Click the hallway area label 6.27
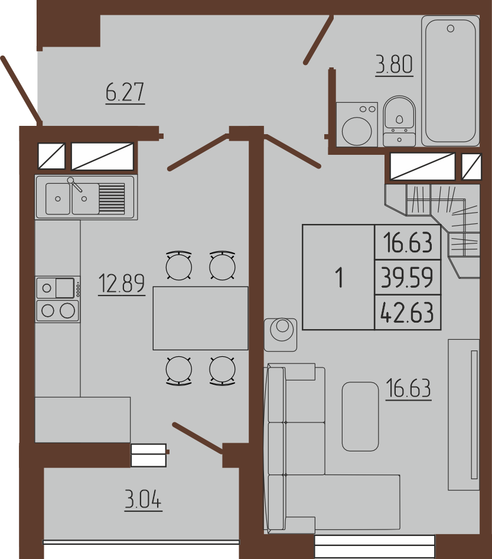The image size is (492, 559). point(125,92)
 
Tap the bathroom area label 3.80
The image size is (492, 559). point(395,65)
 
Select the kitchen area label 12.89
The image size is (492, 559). point(122,284)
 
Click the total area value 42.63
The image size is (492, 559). point(408,312)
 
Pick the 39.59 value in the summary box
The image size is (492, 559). point(407,277)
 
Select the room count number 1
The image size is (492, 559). point(340,278)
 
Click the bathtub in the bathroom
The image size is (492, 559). point(450,81)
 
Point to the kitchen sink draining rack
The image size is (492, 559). point(112,198)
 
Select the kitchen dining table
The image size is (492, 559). point(201,318)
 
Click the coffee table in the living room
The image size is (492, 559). point(360,417)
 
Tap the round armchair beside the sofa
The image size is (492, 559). point(281,334)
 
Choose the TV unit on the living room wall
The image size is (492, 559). point(464,415)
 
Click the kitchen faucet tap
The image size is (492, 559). point(75,185)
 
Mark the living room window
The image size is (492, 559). point(375,545)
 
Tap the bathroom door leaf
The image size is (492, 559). point(318,40)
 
